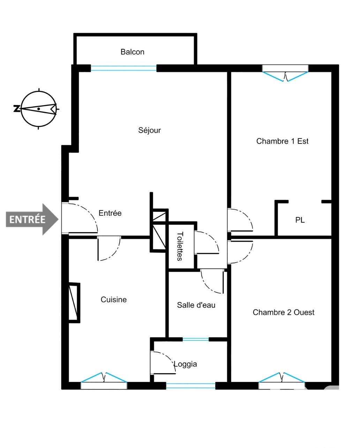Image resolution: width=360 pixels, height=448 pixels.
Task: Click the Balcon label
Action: point(132,52)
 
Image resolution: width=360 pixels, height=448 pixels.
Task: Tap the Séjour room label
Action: point(149,130)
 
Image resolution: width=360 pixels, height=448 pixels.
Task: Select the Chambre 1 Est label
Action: point(282,141)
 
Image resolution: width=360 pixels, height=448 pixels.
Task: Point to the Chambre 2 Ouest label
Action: point(283,312)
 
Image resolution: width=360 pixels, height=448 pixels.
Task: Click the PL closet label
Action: point(300,220)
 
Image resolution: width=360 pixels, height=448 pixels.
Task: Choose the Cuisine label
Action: point(114,300)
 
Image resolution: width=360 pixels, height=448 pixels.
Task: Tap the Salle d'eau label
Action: point(196,305)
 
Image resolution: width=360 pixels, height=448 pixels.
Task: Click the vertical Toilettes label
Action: point(180,246)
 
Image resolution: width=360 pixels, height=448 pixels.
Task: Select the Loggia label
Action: point(185,364)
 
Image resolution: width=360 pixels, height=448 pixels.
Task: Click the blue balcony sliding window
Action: point(123,68)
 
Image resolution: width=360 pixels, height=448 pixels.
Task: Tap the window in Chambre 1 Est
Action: point(285,73)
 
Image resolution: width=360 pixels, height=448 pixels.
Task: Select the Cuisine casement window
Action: point(104,381)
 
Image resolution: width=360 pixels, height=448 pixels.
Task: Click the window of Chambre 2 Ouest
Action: point(282,381)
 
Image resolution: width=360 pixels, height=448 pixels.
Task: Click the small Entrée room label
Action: point(110,213)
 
